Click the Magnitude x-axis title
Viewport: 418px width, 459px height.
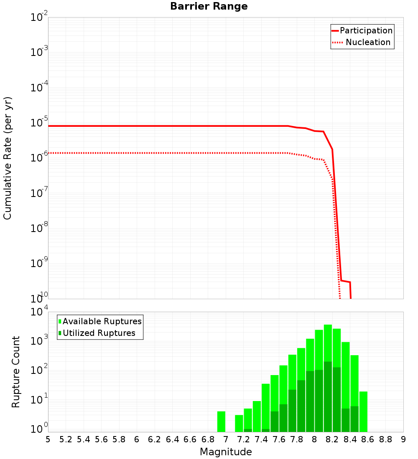[226, 452]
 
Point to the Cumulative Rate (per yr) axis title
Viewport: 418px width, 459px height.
[8, 158]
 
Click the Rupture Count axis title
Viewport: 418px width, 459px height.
[16, 371]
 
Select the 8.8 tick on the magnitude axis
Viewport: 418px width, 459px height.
[385, 439]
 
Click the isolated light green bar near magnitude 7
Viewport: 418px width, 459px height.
[221, 421]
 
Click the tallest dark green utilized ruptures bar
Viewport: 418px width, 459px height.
[328, 396]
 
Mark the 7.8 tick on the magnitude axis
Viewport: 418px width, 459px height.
[297, 439]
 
